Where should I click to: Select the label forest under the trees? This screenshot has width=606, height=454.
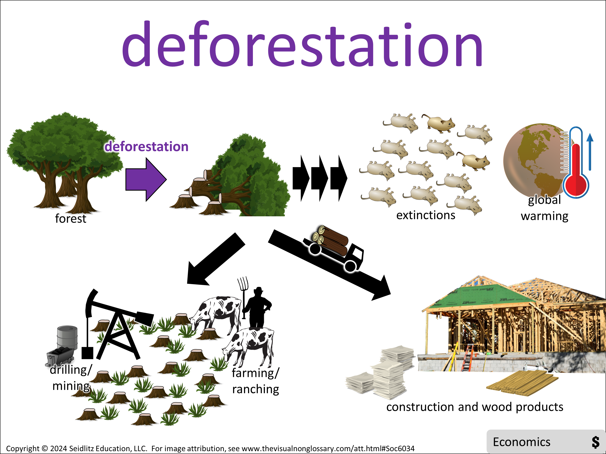click(71, 219)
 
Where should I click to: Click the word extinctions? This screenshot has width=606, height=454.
click(426, 215)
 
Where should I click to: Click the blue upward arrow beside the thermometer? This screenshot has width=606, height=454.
click(590, 152)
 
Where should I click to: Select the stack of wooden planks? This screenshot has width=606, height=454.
click(522, 383)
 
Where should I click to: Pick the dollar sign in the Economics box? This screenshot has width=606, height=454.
click(595, 442)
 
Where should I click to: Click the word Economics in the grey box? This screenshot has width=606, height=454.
click(522, 442)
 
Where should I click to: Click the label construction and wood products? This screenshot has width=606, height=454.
click(475, 407)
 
